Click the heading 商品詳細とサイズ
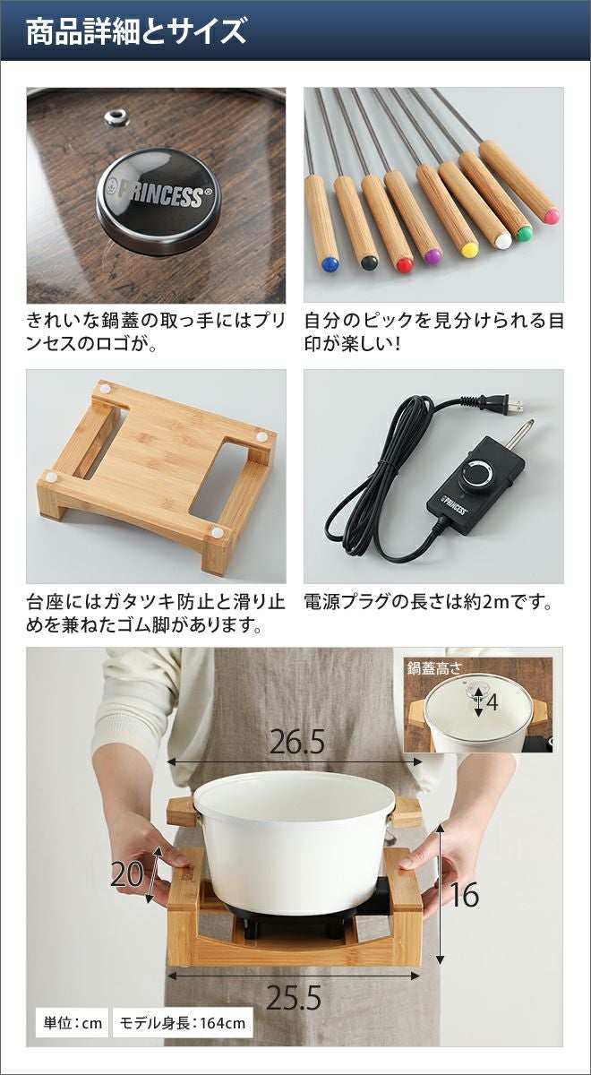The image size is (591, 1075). [136, 32]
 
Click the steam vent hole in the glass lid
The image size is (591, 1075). [117, 116]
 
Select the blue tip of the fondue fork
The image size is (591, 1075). [330, 263]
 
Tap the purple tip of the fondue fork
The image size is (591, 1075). [433, 256]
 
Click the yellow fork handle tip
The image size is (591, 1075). [469, 250]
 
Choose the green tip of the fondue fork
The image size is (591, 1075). [525, 234]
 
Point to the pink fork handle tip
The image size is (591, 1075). [552, 216]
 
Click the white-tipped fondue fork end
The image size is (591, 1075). [503, 240]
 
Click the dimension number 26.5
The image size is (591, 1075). [297, 743]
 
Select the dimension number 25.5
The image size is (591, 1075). [294, 998]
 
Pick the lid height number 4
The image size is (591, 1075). [492, 702]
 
